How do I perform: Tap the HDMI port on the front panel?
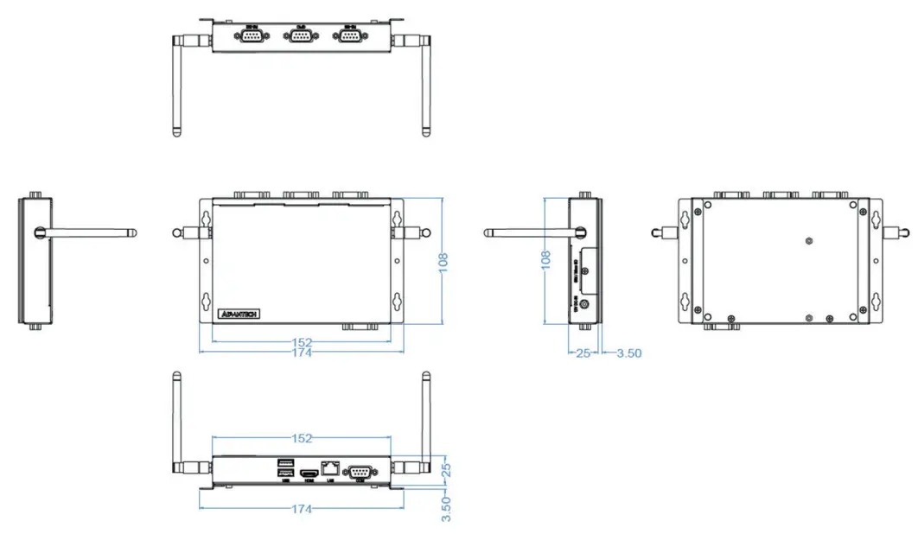point(308,473)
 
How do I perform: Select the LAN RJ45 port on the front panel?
point(329,467)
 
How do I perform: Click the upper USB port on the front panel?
point(284,464)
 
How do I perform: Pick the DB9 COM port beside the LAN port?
point(359,471)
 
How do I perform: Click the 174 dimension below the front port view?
point(300,509)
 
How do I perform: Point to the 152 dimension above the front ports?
point(300,439)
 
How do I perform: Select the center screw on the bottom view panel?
point(807,241)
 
